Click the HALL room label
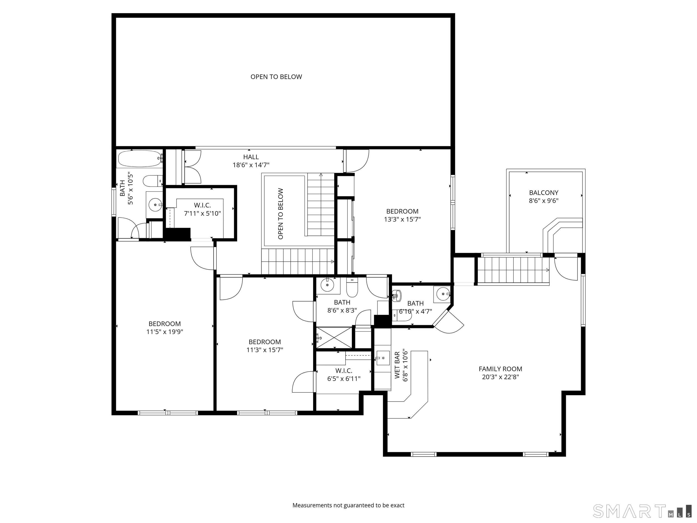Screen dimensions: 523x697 coord(251,157)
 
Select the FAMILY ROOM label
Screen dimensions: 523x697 coord(500,369)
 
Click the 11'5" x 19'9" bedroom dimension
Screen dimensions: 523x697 coord(164,332)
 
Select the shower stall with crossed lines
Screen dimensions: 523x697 coord(334,338)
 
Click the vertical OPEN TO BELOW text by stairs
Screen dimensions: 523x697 coord(280,214)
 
